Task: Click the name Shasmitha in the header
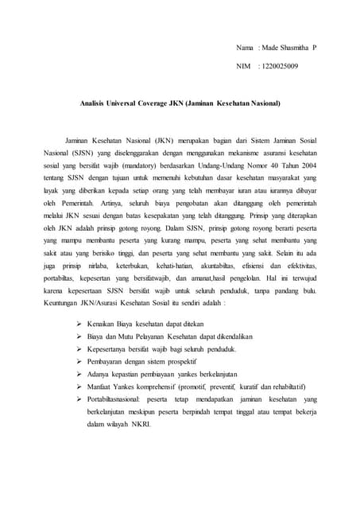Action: point(293,49)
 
